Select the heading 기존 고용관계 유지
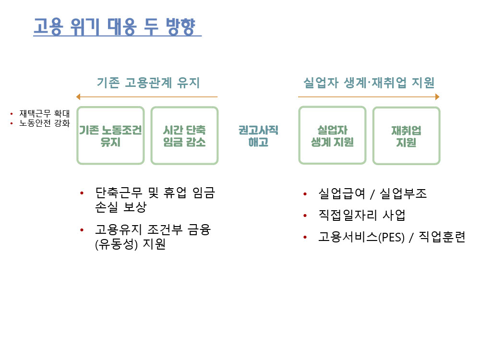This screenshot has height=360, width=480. (x=148, y=83)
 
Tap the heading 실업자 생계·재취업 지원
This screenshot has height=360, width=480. (x=369, y=83)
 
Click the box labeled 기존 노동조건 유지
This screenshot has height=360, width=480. (x=110, y=136)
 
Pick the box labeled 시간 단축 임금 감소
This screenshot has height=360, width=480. (x=184, y=136)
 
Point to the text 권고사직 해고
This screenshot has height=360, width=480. (x=258, y=136)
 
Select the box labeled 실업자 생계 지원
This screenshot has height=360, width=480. (x=332, y=136)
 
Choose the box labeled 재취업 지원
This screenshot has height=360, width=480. (x=406, y=136)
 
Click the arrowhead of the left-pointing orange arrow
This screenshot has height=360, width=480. (x=78, y=97)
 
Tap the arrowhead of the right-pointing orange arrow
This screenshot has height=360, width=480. (x=437, y=97)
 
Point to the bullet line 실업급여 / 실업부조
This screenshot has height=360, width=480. (x=372, y=193)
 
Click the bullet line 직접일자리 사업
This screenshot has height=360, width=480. (x=361, y=216)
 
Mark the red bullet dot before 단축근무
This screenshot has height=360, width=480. (x=82, y=193)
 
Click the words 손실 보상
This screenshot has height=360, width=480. (x=120, y=207)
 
